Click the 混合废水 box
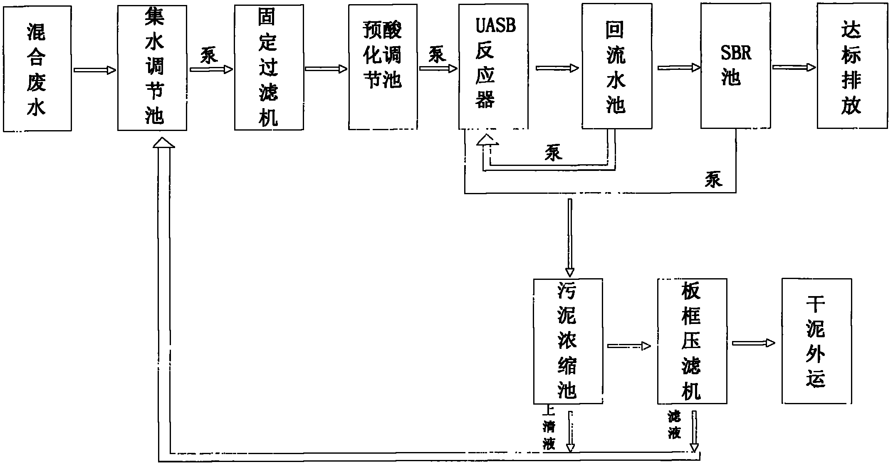tap(37, 69)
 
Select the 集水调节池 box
tap(152, 68)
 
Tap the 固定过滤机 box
tap(269, 68)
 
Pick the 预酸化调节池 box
tap(383, 67)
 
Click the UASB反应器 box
tap(494, 67)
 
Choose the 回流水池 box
tap(617, 66)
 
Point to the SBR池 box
tap(736, 66)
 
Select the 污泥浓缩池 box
tap(568, 341)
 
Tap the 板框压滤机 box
tap(692, 341)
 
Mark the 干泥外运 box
tap(817, 341)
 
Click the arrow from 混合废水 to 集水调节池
tap(95, 70)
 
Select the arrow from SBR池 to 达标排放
tap(794, 67)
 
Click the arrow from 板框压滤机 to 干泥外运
tap(754, 343)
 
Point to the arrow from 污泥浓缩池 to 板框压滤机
tap(629, 346)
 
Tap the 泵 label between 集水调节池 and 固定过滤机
tap(209, 55)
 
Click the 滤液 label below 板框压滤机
tap(674, 425)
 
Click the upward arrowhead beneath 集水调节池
tap(164, 142)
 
